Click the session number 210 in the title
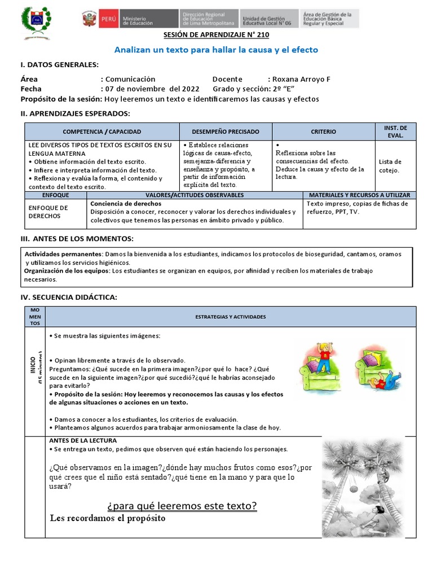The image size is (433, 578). [x=254, y=35]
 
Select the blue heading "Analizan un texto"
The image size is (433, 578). [x=216, y=50]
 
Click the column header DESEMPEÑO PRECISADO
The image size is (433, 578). [x=226, y=132]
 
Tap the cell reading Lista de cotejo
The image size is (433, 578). [x=390, y=165]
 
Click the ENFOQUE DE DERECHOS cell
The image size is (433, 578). [x=48, y=212]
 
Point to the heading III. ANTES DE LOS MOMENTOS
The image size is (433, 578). [x=77, y=239]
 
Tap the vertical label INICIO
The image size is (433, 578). [x=33, y=361]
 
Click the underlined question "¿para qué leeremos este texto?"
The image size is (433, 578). [x=182, y=506]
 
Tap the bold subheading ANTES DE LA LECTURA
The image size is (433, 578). [x=83, y=440]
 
